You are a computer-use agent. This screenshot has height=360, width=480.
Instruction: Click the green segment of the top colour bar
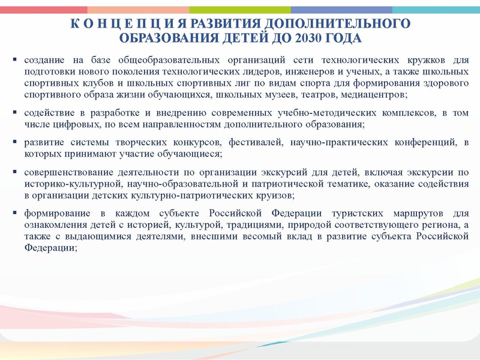pos(240,10)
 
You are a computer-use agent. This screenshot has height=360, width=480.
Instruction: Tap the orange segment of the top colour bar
pos(138,10)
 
